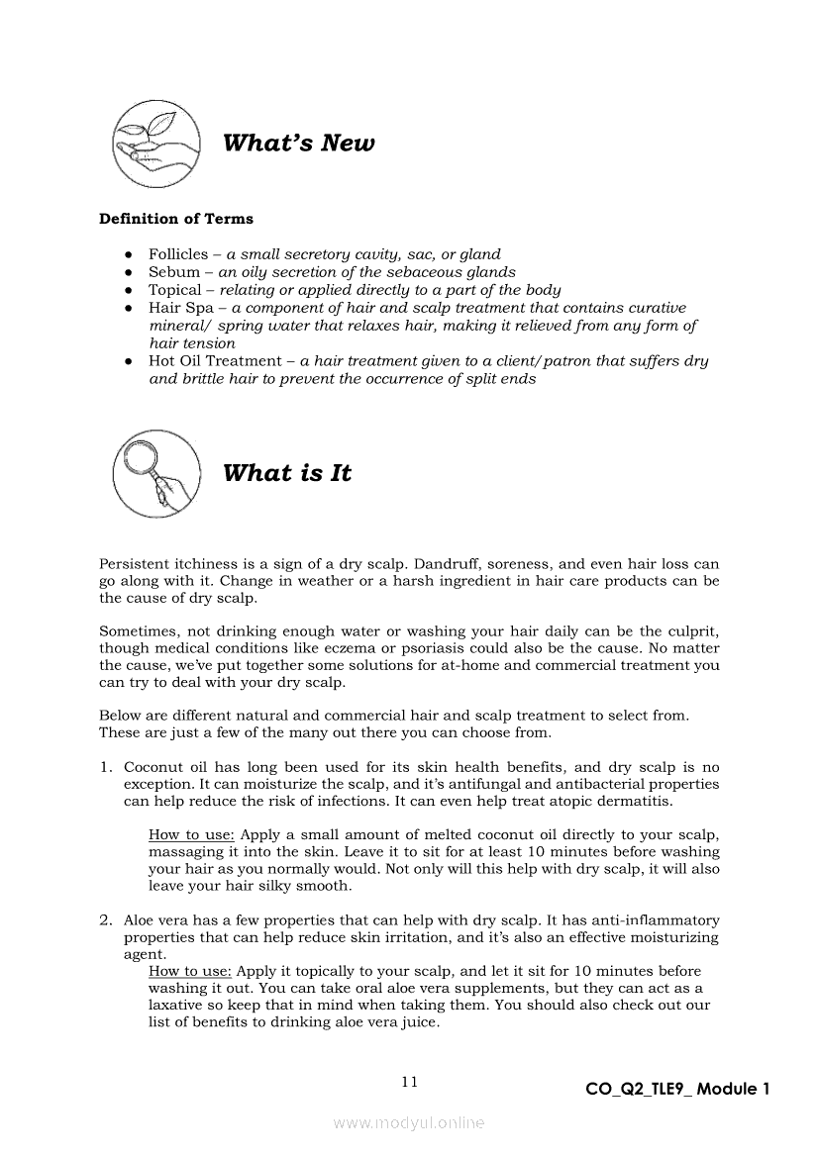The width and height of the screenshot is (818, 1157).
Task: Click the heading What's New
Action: click(299, 144)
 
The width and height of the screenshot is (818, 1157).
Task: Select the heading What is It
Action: click(287, 473)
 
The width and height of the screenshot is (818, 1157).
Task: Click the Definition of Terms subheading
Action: click(176, 219)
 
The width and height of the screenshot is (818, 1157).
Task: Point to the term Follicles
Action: click(178, 254)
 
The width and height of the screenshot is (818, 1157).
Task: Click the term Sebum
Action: click(174, 272)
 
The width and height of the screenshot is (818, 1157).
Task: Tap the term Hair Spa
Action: click(178, 308)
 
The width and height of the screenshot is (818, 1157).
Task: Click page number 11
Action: click(409, 1082)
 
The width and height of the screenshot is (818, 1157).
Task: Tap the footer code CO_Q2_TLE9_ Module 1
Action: click(677, 1090)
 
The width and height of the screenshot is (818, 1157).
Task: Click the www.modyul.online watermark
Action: click(409, 1122)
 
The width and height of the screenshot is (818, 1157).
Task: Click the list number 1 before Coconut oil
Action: click(105, 767)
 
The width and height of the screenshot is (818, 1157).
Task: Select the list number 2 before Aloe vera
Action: click(105, 920)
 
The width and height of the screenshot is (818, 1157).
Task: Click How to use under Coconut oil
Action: click(191, 834)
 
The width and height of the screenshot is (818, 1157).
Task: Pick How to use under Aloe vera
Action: click(191, 971)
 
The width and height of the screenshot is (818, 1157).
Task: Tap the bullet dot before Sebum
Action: click(129, 272)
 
